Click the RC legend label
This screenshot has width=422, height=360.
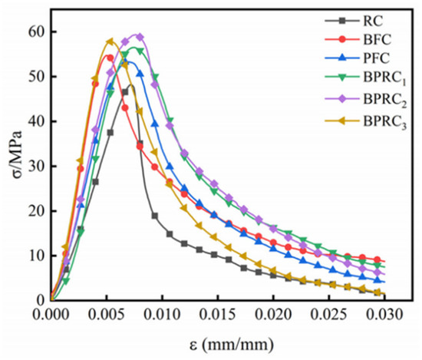pos(373,21)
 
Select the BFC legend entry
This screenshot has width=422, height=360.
pos(377,40)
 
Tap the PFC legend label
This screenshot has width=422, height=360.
pos(377,58)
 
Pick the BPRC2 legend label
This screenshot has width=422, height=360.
pos(385,100)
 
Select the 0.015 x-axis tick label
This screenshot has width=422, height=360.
pos(217,315)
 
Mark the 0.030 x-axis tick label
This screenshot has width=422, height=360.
pos(384,315)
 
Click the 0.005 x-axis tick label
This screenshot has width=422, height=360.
pos(106,315)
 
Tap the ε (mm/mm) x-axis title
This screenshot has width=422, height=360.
pos(232,345)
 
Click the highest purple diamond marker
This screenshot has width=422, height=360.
pos(140,37)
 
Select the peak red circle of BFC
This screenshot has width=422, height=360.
pos(110,58)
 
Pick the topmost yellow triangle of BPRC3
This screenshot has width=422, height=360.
pos(110,41)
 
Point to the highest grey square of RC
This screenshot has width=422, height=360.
pos(125,92)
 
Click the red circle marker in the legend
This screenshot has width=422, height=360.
pos(341,40)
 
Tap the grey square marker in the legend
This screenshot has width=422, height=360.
pos(341,21)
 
